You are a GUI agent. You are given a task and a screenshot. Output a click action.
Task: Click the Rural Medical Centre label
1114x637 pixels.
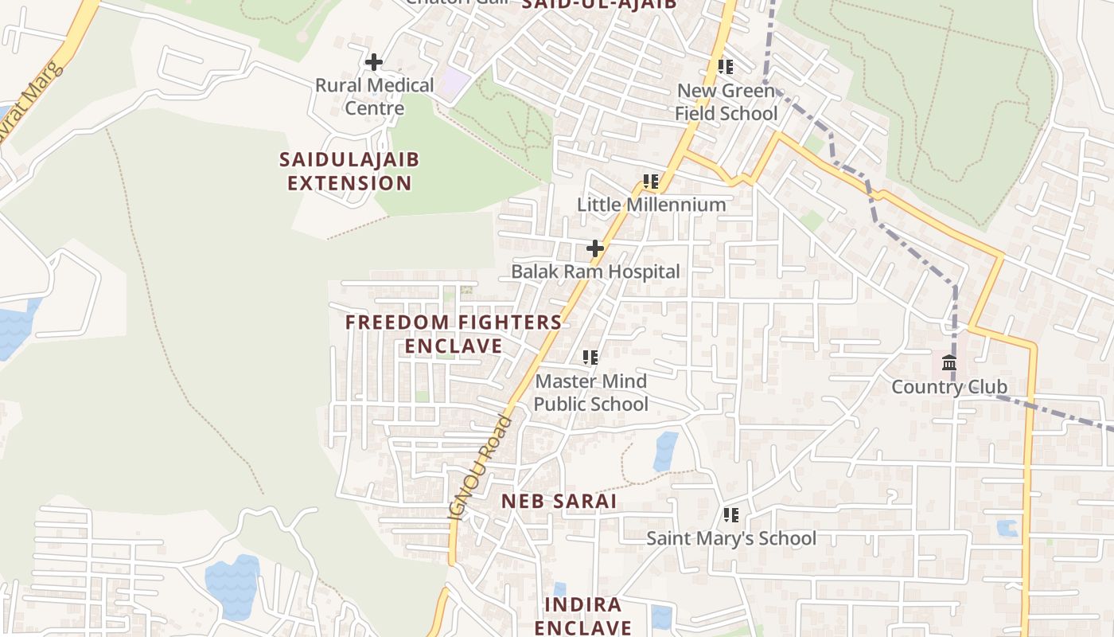[x=374, y=96]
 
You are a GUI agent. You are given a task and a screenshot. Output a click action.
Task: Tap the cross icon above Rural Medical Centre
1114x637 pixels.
[x=373, y=62]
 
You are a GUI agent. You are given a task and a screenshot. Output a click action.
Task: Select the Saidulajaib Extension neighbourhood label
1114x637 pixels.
[x=349, y=171]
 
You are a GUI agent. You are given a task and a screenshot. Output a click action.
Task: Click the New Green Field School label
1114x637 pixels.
[x=726, y=102]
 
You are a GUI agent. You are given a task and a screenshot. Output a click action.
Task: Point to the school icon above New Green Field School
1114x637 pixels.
[x=725, y=67]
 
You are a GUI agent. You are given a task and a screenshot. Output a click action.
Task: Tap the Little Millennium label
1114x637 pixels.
[x=651, y=205]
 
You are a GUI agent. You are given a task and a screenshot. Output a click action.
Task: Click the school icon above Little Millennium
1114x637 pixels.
[x=651, y=182]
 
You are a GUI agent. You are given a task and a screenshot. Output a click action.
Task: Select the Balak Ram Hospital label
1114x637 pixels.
[x=595, y=272]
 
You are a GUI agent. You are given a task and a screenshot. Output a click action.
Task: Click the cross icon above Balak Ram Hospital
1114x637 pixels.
[x=594, y=249]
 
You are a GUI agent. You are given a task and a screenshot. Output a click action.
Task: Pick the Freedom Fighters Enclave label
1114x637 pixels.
[x=454, y=334]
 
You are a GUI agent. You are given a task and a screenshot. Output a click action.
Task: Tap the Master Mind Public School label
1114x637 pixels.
[x=590, y=393]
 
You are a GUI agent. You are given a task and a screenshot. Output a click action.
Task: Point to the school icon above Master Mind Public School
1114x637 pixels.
[x=590, y=358]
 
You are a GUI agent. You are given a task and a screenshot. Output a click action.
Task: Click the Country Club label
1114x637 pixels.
[x=949, y=387]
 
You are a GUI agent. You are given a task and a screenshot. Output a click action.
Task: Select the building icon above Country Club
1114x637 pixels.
[x=948, y=364]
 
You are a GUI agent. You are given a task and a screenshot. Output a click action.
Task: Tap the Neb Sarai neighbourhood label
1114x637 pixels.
[x=559, y=501]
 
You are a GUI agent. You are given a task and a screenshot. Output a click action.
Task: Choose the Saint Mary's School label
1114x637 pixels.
[x=730, y=538]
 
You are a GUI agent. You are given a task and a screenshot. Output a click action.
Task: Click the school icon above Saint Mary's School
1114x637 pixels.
[x=730, y=515]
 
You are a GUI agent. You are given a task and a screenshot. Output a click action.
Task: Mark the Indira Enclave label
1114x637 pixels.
[x=582, y=616]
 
